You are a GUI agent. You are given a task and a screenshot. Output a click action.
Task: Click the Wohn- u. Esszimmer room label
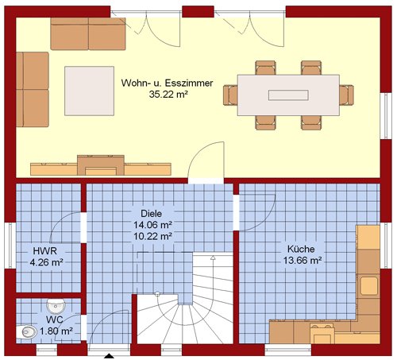(167, 83)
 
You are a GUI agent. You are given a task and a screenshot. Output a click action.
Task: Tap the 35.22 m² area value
(168, 95)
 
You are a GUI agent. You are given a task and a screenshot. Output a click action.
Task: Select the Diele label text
(151, 214)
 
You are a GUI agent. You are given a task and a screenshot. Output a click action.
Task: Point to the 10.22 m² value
(152, 236)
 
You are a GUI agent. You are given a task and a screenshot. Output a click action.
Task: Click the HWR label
(44, 251)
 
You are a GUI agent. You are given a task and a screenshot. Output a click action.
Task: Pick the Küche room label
(301, 249)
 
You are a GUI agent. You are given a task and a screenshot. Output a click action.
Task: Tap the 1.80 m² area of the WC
(56, 331)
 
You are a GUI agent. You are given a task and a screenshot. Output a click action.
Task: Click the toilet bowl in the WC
(26, 332)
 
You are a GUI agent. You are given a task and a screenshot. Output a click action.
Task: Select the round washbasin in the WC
(56, 307)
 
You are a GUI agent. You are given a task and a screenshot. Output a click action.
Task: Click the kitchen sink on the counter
(368, 286)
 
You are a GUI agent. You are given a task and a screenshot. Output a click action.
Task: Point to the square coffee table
(90, 91)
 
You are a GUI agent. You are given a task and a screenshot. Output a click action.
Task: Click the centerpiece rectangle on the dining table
(288, 95)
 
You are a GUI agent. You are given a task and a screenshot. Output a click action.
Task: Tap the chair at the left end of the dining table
(230, 95)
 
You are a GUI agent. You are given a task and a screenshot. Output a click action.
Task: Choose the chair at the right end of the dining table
(347, 95)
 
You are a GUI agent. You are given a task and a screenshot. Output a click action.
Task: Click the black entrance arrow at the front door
(109, 356)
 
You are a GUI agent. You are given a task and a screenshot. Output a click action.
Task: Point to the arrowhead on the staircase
(213, 257)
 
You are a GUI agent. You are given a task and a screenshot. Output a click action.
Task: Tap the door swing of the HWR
(57, 221)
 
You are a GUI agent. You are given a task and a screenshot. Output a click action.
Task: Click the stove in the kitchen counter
(322, 333)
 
